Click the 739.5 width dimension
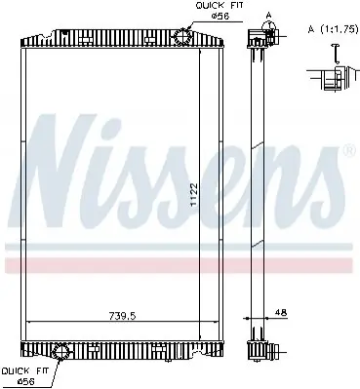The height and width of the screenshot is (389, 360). coord(122,316)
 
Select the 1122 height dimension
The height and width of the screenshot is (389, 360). coord(194,194)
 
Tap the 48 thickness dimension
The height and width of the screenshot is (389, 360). coord(281,313)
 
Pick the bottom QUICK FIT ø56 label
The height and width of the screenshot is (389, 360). coord(25,375)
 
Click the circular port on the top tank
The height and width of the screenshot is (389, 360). coord(182,36)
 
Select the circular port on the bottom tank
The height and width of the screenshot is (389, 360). coord(61,351)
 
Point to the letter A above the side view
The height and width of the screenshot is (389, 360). coord(268,15)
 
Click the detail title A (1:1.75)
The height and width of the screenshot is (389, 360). coord(333,29)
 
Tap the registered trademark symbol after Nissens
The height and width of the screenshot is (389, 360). coord(349,150)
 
